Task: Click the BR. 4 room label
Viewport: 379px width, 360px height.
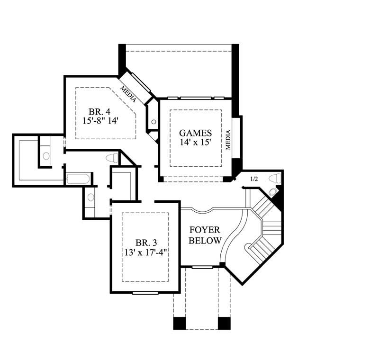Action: (101, 112)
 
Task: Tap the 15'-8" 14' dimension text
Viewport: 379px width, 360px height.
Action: (101, 121)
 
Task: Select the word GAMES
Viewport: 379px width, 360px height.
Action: (195, 133)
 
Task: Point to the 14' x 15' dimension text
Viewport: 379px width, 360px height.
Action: (195, 142)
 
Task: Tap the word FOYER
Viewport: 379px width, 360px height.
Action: (205, 230)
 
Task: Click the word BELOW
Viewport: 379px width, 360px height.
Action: (205, 241)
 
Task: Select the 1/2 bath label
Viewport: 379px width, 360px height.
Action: (254, 179)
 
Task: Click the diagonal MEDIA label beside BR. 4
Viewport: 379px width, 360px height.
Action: (128, 94)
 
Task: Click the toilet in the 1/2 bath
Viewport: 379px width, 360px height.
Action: (274, 178)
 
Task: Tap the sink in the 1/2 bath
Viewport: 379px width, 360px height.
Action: (272, 192)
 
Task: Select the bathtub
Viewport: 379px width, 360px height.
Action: (79, 179)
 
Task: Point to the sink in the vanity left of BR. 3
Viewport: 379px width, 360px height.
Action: (90, 198)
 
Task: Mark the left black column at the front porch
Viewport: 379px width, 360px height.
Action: (180, 323)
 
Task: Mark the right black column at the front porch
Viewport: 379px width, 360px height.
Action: (224, 323)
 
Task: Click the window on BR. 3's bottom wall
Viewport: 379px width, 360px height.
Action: (145, 293)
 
